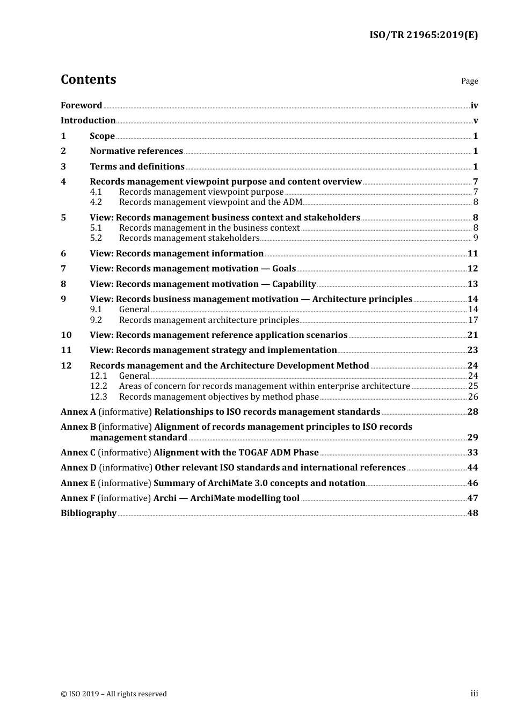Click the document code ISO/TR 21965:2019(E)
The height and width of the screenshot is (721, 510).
pyautogui.click(x=423, y=35)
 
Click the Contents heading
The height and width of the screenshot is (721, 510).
pyautogui.click(x=88, y=79)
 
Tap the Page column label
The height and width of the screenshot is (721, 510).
pyautogui.click(x=469, y=81)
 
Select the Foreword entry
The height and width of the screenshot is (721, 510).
pyautogui.click(x=81, y=106)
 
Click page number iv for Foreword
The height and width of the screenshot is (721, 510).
pyautogui.click(x=474, y=106)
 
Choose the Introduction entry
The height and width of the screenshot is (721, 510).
pyautogui.click(x=88, y=121)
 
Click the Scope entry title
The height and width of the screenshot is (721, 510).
pyautogui.click(x=102, y=136)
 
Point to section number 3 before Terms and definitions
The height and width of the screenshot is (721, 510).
pyautogui.click(x=63, y=167)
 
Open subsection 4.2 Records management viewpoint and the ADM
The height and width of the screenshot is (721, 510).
pyautogui.click(x=210, y=202)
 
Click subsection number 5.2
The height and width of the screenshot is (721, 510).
pyautogui.click(x=96, y=238)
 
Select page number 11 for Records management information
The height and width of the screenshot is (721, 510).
pyautogui.click(x=472, y=254)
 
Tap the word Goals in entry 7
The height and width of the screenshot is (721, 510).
pyautogui.click(x=284, y=269)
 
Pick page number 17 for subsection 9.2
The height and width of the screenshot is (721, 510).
pyautogui.click(x=473, y=320)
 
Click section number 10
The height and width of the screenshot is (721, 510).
pyautogui.click(x=66, y=335)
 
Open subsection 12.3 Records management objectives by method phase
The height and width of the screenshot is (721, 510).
pyautogui.click(x=218, y=397)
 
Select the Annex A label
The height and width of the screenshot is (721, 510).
pyautogui.click(x=78, y=412)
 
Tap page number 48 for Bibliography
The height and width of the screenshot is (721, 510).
pyautogui.click(x=472, y=513)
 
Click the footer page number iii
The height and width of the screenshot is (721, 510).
pyautogui.click(x=474, y=694)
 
